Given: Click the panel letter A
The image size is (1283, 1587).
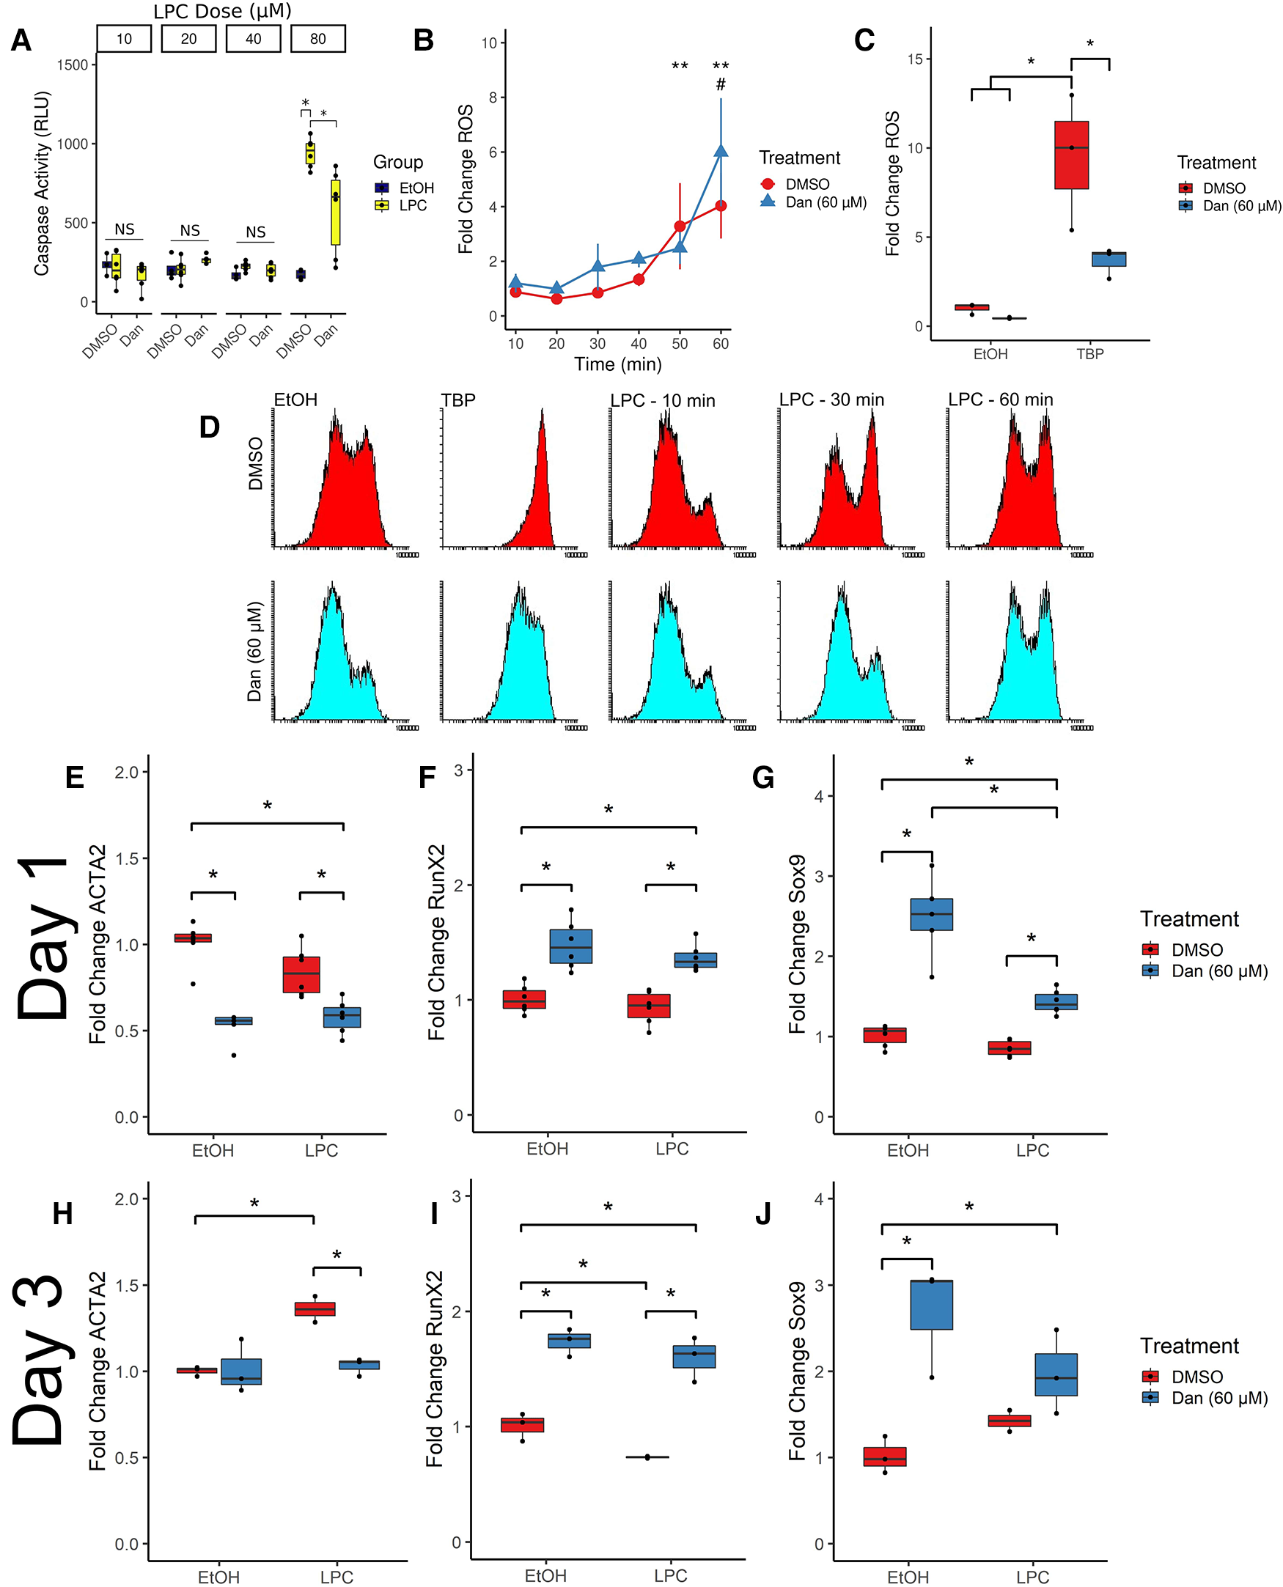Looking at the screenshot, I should pos(21,40).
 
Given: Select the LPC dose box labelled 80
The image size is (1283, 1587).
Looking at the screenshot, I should pos(317,39).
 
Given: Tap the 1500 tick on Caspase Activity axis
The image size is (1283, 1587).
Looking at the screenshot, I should pos(73,65).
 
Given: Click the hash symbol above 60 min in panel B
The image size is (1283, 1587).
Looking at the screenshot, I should pos(721,85).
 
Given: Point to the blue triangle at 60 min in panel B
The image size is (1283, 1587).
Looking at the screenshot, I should pos(721,152).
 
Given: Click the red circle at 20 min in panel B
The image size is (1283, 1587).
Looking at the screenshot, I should pos(556,298).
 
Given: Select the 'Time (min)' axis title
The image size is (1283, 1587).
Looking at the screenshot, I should pos(618,364).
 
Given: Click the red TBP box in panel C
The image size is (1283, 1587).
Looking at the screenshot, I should pos(1071,155).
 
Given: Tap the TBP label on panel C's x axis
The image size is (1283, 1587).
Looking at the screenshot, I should pos(1089,354).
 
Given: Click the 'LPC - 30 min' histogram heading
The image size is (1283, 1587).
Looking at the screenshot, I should pos(831,399).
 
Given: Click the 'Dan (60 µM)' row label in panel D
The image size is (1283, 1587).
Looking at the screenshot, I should pos(254,651).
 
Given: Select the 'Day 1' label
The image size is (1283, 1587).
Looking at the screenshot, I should pos(45,938).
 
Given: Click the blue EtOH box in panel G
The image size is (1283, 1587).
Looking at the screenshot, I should pos(931,914).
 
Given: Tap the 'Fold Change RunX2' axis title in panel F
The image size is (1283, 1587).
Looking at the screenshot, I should pos(436,942).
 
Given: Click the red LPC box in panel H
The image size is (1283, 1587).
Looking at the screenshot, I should pos(315,1308).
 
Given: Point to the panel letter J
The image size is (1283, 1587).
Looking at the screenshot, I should pos(762,1214).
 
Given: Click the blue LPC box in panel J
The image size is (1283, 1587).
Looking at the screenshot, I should pos(1056,1374).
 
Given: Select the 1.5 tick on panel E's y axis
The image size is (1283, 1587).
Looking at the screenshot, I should pos(127,858).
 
